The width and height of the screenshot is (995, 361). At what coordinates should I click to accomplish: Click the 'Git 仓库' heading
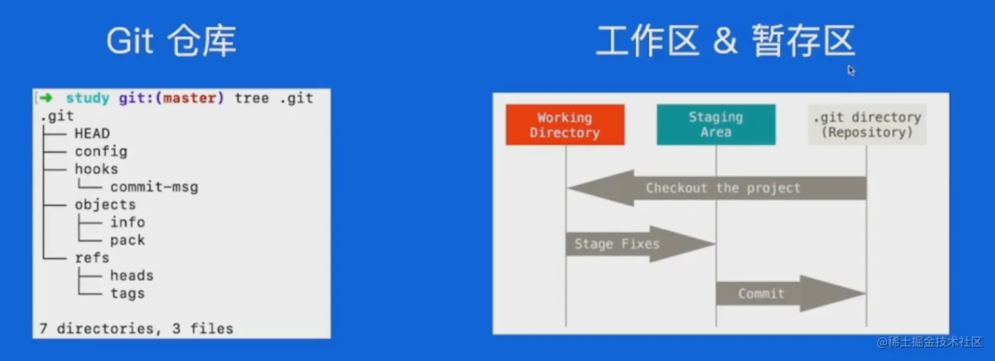[x=171, y=42]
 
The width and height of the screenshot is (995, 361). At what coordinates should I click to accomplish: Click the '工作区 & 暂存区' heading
[x=725, y=42]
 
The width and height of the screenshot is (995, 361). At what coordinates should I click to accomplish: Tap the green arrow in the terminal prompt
[x=45, y=98]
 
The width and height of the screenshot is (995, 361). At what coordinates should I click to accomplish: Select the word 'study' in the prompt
[x=87, y=98]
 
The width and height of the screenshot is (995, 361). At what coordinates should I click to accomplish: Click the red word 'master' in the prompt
[x=189, y=98]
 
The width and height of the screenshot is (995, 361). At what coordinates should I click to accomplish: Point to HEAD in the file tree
[x=91, y=134]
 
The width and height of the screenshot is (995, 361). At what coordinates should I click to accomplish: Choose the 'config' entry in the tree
[x=101, y=152]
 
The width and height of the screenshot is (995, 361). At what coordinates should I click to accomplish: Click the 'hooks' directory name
[x=96, y=169]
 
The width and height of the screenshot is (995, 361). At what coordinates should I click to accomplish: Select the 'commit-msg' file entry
[x=154, y=187]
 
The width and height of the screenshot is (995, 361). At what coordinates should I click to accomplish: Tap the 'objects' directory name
[x=105, y=205]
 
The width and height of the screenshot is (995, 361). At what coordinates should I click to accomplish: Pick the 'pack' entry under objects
[x=127, y=240]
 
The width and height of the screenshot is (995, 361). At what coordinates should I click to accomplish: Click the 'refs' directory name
[x=91, y=258]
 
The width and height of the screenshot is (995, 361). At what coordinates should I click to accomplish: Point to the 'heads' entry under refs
[x=132, y=276]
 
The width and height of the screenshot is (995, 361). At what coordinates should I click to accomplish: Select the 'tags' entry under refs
[x=127, y=294]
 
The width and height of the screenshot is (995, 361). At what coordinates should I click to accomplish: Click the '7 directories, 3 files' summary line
[x=136, y=328]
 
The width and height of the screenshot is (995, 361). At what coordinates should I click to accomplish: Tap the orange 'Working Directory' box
[x=565, y=125]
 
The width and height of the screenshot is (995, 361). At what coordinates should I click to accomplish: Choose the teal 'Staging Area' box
[x=715, y=125]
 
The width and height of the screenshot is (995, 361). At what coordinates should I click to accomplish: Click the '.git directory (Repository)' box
[x=867, y=125]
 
